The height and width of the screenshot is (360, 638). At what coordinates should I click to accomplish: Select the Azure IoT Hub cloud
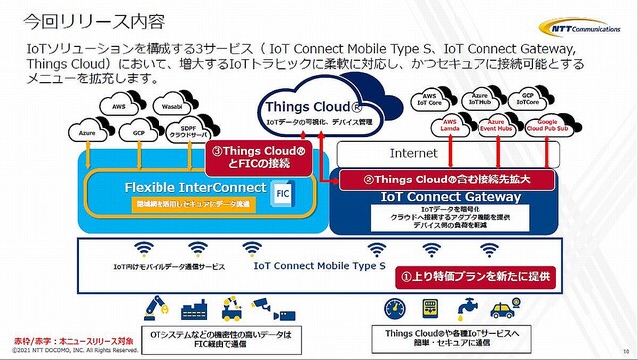tap(482, 101)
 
